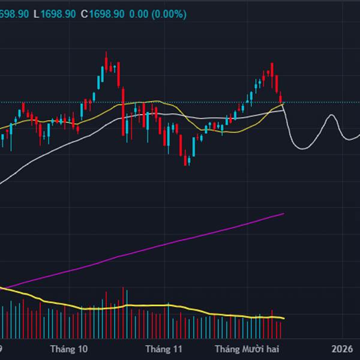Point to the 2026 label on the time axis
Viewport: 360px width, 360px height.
click(x=342, y=349)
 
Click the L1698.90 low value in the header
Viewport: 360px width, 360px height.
click(x=55, y=13)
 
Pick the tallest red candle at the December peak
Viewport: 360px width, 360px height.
click(x=272, y=69)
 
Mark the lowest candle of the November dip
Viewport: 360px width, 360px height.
click(x=187, y=161)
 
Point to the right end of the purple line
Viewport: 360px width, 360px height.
click(x=283, y=213)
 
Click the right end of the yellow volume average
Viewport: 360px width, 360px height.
click(x=284, y=318)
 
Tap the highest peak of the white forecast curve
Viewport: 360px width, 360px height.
click(x=331, y=115)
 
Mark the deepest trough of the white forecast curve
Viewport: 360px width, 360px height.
click(x=296, y=146)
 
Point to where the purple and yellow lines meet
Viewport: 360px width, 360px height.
click(x=5, y=289)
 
